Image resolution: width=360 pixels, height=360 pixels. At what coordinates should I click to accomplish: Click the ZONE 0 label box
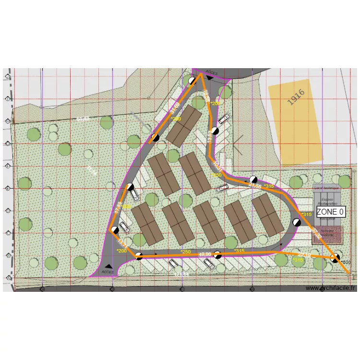pyautogui.click(x=330, y=212)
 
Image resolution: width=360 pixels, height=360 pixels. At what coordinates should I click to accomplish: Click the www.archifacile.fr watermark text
pyautogui.click(x=331, y=288)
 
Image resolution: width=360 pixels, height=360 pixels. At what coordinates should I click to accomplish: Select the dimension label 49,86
pyautogui.click(x=205, y=254)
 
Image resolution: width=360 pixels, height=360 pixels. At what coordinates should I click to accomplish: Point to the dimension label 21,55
pyautogui.click(x=255, y=186)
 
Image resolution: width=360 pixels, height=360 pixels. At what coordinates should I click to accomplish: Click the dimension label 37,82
pyautogui.click(x=316, y=233)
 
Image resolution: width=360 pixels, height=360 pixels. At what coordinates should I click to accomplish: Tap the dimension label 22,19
pyautogui.click(x=304, y=255)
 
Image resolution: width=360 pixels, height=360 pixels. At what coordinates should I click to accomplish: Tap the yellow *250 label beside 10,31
pyautogui.click(x=217, y=175)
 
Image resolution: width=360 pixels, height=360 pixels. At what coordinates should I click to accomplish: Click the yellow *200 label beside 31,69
pyautogui.click(x=176, y=119)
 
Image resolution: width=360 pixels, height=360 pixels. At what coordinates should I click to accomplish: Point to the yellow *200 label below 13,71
pyautogui.click(x=121, y=251)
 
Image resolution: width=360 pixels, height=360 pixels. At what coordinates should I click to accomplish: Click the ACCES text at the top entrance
pyautogui.click(x=211, y=73)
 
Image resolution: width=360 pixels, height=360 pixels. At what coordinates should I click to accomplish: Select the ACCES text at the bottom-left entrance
pyautogui.click(x=108, y=271)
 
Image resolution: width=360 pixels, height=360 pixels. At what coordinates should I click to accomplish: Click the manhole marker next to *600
pyautogui.click(x=336, y=258)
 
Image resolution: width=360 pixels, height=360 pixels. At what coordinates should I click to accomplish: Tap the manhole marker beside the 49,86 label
pyautogui.click(x=217, y=255)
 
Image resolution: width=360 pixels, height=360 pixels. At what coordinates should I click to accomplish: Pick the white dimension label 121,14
pyautogui.click(x=182, y=274)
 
